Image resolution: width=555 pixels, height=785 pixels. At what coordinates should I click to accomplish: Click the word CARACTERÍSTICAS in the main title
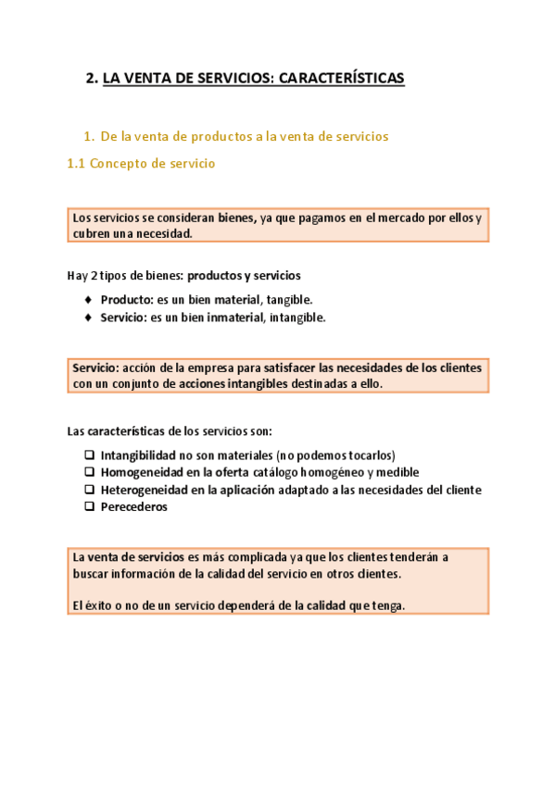350,79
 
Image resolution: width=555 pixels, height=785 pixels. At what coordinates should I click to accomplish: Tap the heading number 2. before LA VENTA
91,79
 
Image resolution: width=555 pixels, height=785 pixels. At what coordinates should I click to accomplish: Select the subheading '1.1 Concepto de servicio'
141,164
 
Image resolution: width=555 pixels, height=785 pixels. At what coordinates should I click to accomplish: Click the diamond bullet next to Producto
88,300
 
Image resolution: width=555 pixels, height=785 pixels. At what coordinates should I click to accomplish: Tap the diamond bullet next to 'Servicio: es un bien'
88,318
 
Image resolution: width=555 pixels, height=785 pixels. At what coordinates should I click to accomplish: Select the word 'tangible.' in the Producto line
290,300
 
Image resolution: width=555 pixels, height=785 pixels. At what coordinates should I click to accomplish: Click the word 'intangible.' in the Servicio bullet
297,318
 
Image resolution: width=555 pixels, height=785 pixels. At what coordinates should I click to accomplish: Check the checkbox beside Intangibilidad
89,455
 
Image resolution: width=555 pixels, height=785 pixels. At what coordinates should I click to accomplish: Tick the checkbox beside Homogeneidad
89,472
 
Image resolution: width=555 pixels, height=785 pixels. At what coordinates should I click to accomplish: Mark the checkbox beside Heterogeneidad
89,490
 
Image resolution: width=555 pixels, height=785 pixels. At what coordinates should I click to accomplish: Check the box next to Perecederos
89,506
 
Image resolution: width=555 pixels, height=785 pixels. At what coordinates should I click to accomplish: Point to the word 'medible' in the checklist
398,472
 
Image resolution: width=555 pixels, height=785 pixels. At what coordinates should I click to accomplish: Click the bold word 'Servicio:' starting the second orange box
95,368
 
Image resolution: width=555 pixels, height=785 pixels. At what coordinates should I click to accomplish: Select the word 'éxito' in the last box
98,605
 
